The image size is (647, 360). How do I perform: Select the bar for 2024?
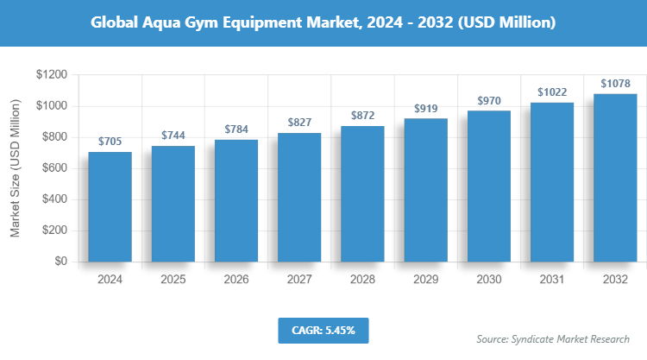pyautogui.click(x=110, y=206)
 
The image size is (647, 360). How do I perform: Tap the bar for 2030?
pyautogui.click(x=488, y=186)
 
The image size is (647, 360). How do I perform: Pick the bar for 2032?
pyautogui.click(x=614, y=177)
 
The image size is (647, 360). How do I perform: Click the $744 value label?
pyautogui.click(x=173, y=136)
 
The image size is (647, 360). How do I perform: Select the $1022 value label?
pyautogui.click(x=551, y=92)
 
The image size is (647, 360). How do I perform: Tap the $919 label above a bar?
pyautogui.click(x=425, y=108)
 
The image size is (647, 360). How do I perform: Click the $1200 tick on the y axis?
pyautogui.click(x=52, y=75)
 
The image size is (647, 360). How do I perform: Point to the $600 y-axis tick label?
pyautogui.click(x=55, y=168)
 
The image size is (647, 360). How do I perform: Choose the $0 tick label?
pyautogui.click(x=61, y=262)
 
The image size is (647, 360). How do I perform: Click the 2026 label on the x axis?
pyautogui.click(x=236, y=280)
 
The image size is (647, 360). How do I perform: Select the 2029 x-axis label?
pyautogui.click(x=425, y=280)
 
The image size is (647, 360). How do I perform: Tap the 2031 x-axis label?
pyautogui.click(x=551, y=280)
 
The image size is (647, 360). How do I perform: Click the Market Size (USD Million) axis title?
pyautogui.click(x=15, y=168)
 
